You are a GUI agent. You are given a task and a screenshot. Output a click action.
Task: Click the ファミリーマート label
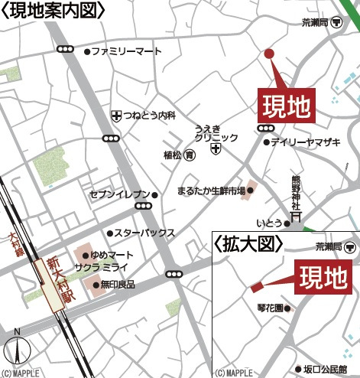click(x=127, y=51)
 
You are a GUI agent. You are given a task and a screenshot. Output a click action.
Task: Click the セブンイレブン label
click(x=120, y=194)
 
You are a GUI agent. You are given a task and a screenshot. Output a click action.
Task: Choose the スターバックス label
click(x=145, y=233)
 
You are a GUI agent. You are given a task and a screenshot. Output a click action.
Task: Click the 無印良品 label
click(x=118, y=284)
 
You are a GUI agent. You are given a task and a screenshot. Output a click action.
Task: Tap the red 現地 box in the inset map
click(x=319, y=275)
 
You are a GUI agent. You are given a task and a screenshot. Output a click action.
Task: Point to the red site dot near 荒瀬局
click(x=268, y=53)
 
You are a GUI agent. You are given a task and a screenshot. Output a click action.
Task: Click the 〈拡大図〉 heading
click(x=248, y=243)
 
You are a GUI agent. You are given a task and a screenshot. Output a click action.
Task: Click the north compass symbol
click(x=17, y=350)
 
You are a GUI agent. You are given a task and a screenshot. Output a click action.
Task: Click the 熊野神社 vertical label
click(x=297, y=192)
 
